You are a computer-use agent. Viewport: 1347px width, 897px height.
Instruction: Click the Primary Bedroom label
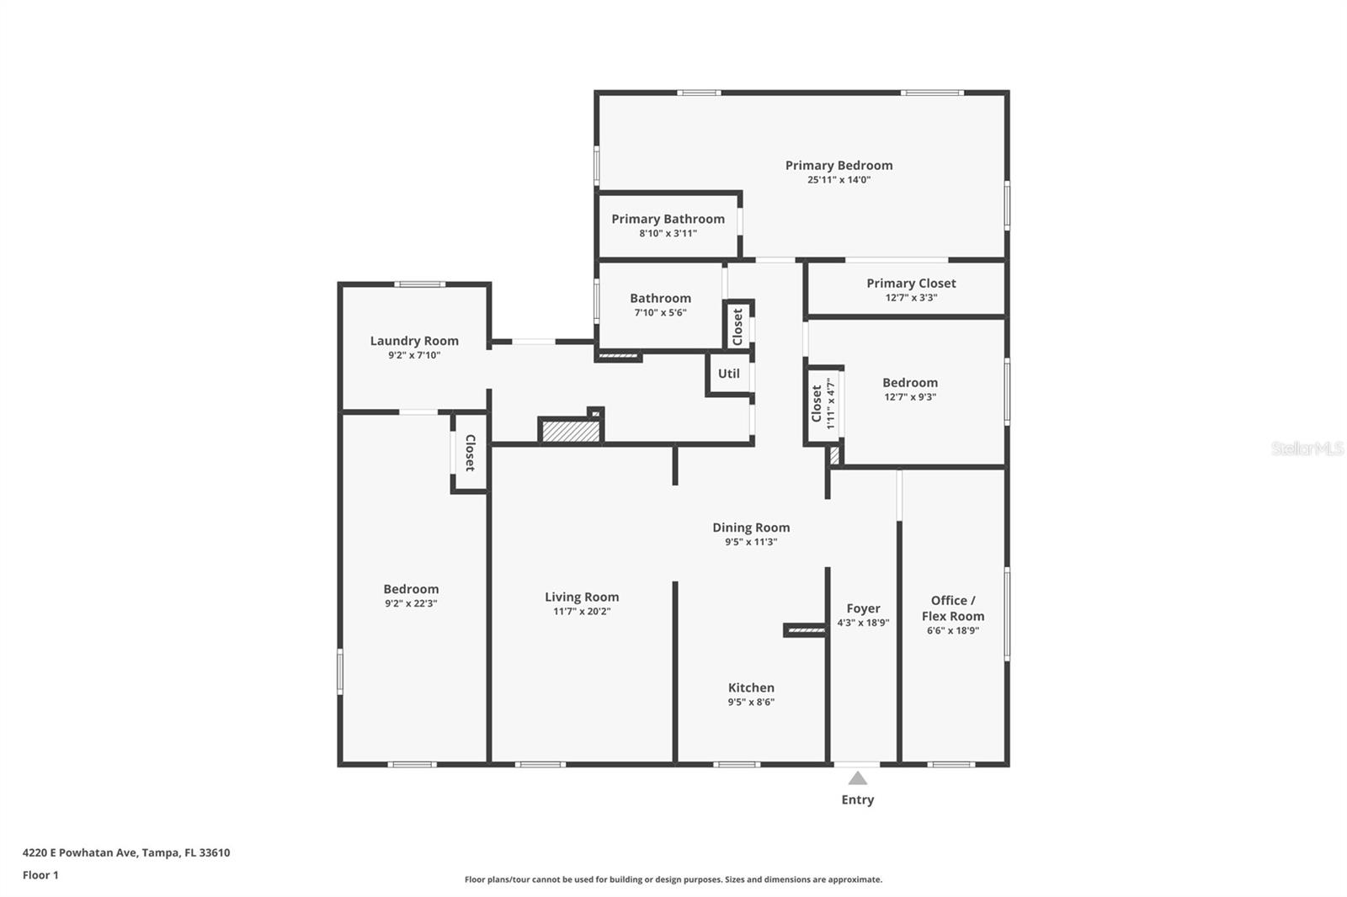coord(839,166)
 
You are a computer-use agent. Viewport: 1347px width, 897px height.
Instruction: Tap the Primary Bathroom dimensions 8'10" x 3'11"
coord(668,234)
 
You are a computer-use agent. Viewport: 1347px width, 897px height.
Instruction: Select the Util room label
coord(728,374)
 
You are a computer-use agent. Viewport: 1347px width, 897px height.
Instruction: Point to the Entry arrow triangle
coord(857,778)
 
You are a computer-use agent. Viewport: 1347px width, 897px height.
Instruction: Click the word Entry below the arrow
coord(857,800)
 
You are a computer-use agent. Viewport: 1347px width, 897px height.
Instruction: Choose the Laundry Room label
coord(414,341)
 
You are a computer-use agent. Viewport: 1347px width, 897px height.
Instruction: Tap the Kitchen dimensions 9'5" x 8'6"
coord(751,703)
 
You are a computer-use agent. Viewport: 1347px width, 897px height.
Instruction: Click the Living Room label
coord(581,597)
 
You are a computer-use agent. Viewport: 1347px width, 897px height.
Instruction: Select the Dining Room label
coord(751,528)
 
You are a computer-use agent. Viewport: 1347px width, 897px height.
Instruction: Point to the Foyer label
coord(863,608)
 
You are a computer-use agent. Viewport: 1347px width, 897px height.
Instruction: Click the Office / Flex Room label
coord(952,608)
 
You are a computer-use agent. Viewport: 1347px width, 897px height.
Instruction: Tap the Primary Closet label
coord(911,284)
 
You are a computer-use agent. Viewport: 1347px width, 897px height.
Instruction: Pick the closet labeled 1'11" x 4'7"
coord(823,405)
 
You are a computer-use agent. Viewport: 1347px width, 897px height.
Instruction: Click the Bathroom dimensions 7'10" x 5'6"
coord(660,313)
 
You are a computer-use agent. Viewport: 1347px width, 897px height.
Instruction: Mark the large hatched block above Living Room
coord(571,432)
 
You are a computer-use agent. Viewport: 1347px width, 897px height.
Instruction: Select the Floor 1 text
coord(40,875)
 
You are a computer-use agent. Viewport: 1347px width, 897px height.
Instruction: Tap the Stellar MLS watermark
coord(1307,448)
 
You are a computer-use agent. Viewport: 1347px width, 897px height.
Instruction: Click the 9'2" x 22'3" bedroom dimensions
coord(411,604)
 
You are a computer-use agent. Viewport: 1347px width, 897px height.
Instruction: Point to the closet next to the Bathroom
coord(738,326)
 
